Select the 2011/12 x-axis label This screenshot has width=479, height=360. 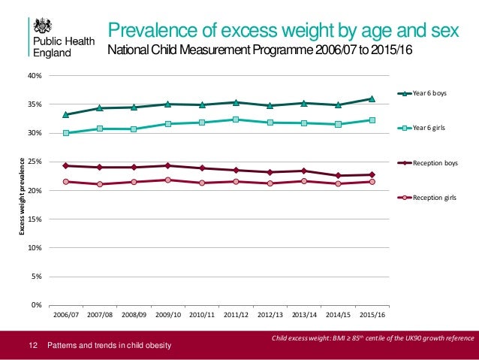point(236,314)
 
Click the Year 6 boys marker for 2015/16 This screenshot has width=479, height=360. point(372,98)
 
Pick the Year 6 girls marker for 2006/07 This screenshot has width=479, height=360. point(66,133)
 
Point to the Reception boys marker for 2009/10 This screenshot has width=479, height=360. point(167,165)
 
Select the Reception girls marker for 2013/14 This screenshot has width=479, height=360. point(303,181)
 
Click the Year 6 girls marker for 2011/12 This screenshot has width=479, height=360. point(236,119)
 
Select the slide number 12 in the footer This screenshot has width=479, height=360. point(32,345)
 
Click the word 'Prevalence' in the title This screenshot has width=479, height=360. point(153,30)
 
